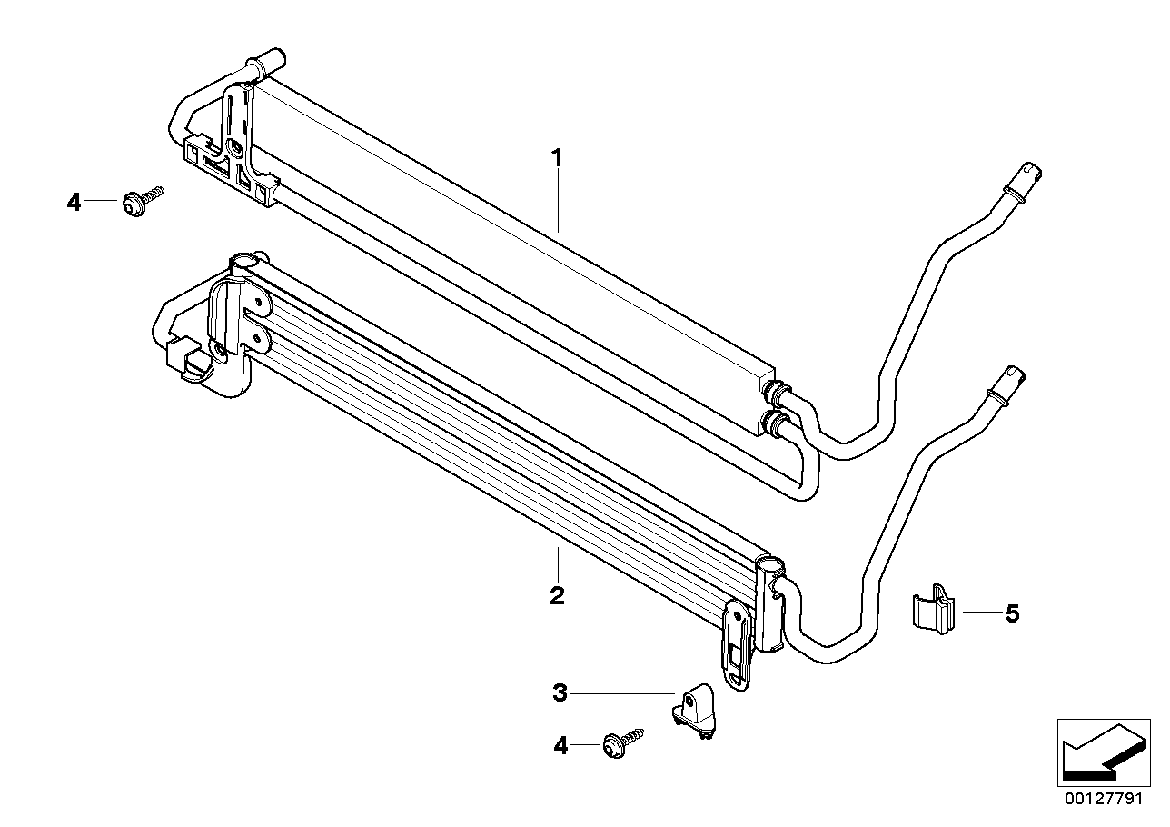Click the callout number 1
[x=558, y=159]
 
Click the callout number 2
[x=557, y=596]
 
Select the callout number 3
[x=560, y=693]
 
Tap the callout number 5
[x=1012, y=613]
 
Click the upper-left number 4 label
[x=74, y=202]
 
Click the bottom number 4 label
[x=560, y=746]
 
